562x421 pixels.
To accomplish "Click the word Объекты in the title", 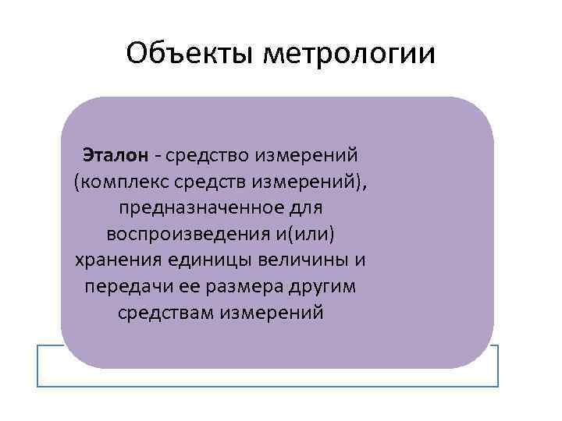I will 188,54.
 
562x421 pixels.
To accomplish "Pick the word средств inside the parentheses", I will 206,182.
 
